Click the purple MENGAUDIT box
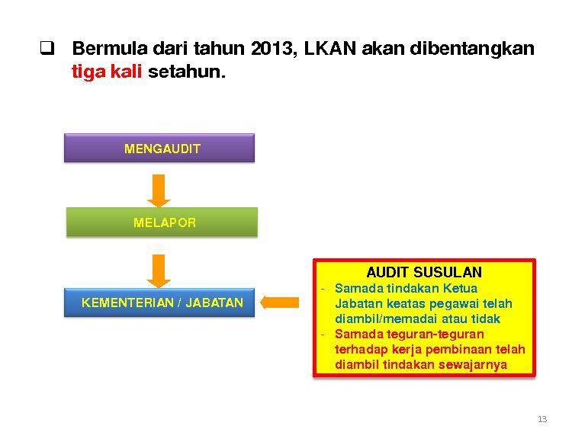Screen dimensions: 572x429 click(159, 148)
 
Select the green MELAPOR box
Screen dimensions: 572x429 click(162, 222)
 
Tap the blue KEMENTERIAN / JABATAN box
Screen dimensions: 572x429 click(159, 303)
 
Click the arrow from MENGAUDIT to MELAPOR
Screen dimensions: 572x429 click(159, 190)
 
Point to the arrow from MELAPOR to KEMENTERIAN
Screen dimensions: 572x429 click(159, 271)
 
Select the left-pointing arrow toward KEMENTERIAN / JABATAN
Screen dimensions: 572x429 click(279, 303)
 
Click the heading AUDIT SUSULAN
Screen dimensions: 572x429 click(424, 272)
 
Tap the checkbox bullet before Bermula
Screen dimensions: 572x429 click(47, 48)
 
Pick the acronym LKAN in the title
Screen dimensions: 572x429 click(329, 48)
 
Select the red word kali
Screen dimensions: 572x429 click(126, 71)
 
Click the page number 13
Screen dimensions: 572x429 click(542, 419)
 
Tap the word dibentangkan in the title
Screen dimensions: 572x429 click(472, 49)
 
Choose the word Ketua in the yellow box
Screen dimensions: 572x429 click(460, 288)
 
